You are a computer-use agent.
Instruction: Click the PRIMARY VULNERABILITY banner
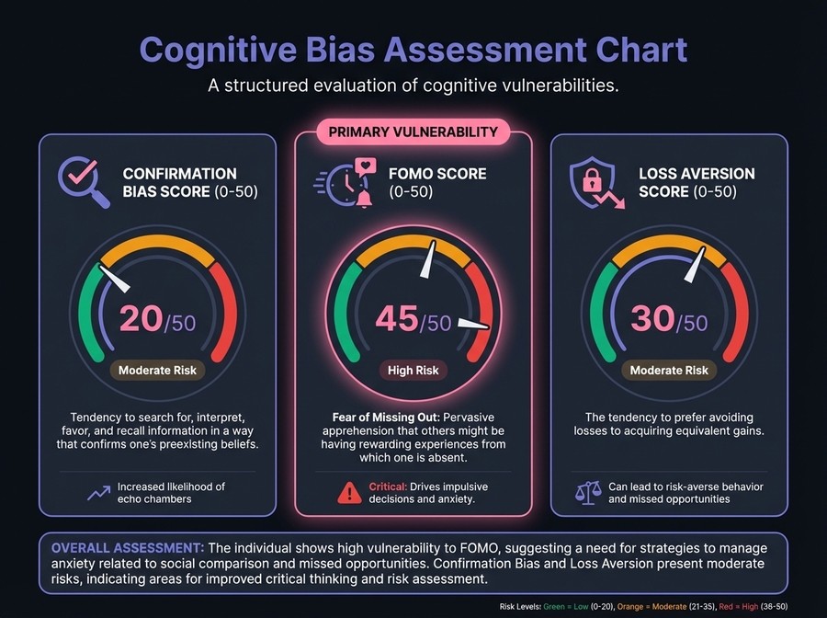[x=413, y=132]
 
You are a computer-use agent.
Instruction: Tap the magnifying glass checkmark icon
[x=82, y=179]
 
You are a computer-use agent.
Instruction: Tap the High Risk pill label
[x=413, y=371]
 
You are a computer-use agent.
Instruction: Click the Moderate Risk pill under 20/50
[x=158, y=371]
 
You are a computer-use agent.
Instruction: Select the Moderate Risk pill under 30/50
[x=669, y=371]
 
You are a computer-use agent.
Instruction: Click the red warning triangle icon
[x=349, y=493]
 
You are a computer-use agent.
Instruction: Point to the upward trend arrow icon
[x=97, y=493]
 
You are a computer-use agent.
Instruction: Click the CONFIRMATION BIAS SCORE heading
[x=180, y=182]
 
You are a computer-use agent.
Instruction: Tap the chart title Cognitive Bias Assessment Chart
[x=413, y=51]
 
